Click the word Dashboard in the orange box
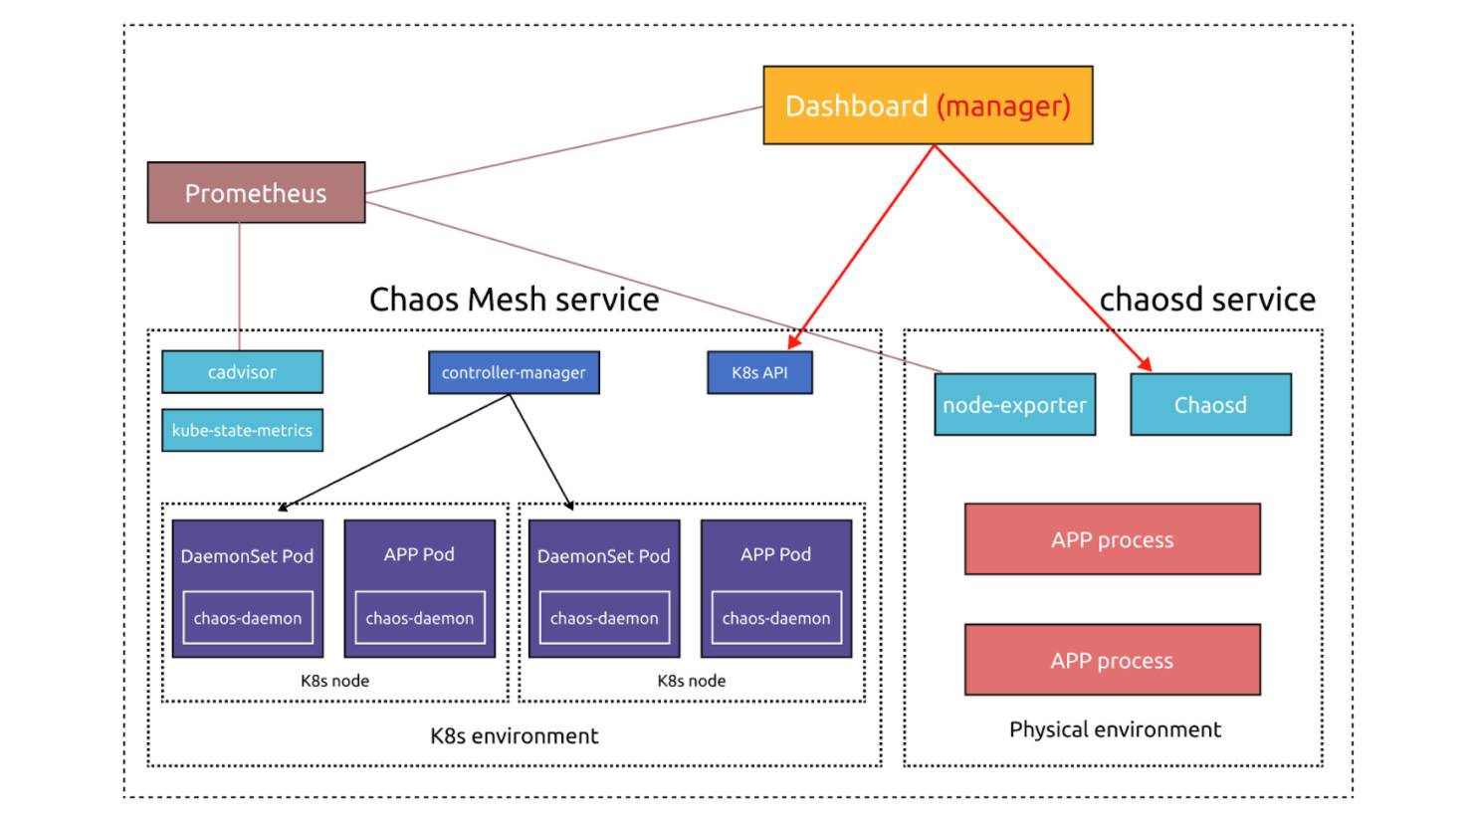click(856, 105)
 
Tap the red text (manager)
click(1003, 105)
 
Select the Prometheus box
click(256, 193)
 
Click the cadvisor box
click(242, 372)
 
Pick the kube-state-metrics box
click(242, 431)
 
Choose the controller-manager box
click(514, 373)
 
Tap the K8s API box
click(759, 373)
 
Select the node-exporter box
click(1014, 405)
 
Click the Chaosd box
click(1210, 405)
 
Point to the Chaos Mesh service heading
click(514, 300)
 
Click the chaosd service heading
click(1207, 300)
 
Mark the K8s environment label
click(514, 736)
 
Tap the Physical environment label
click(1115, 729)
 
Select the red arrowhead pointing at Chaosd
click(1145, 365)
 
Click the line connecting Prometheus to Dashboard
click(563, 149)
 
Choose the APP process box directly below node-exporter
click(1112, 539)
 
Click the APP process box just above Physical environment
click(1112, 660)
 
